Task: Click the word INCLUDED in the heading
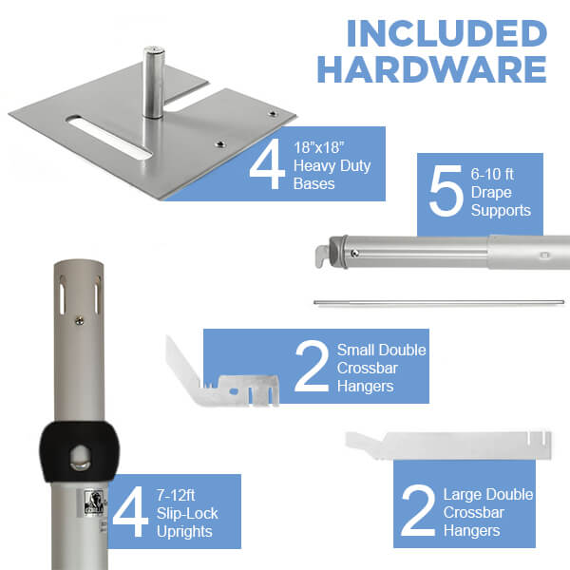point(446,33)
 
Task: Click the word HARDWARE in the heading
point(432,69)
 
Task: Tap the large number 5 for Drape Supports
point(446,191)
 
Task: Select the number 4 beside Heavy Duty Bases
point(267,164)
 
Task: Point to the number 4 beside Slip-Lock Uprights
point(130,511)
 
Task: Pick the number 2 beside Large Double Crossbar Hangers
point(418,511)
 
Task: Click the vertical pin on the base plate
point(153,83)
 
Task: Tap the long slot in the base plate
point(109,137)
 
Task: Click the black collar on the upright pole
point(79,451)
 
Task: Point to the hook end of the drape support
point(323,256)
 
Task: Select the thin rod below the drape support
point(439,302)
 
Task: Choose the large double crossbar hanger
point(448,445)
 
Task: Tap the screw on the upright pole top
point(79,321)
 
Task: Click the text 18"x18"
point(319,147)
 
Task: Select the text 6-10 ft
point(492,174)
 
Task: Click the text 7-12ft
point(176,495)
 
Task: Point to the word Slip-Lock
point(187,514)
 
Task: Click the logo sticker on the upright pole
point(94,502)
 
